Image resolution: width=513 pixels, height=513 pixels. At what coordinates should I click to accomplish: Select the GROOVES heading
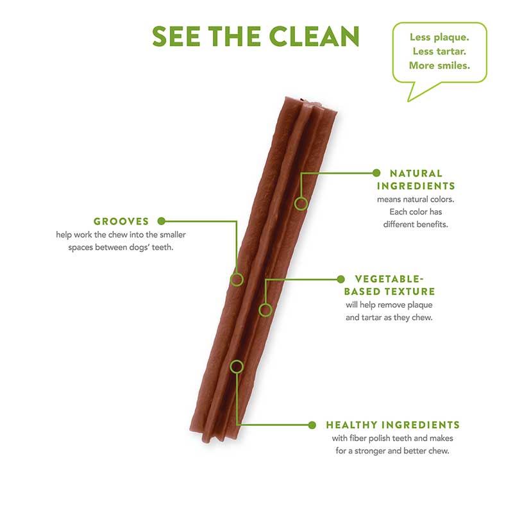[121, 221]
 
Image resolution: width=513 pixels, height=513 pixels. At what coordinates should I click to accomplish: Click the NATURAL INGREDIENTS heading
[416, 180]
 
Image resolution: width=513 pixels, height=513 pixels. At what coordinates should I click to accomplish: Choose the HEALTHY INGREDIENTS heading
[392, 425]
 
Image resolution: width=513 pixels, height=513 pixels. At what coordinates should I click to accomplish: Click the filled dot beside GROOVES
[162, 221]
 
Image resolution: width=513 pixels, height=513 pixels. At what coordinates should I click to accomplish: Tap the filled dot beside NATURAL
[376, 173]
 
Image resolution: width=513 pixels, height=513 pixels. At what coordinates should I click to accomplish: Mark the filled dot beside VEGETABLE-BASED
[341, 279]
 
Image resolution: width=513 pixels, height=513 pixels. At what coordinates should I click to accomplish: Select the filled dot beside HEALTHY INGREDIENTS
[312, 425]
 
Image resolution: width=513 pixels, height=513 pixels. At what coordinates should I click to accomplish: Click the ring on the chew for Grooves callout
[237, 279]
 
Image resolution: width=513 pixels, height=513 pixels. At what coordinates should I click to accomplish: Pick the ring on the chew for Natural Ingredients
[301, 204]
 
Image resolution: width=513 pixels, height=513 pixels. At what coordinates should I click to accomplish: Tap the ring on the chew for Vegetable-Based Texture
[265, 310]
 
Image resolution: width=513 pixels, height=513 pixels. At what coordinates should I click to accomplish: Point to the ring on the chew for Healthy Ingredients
[237, 366]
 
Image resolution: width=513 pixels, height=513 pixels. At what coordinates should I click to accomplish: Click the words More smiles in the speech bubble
[439, 65]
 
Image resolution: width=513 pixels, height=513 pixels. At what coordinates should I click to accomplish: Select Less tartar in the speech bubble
[439, 51]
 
